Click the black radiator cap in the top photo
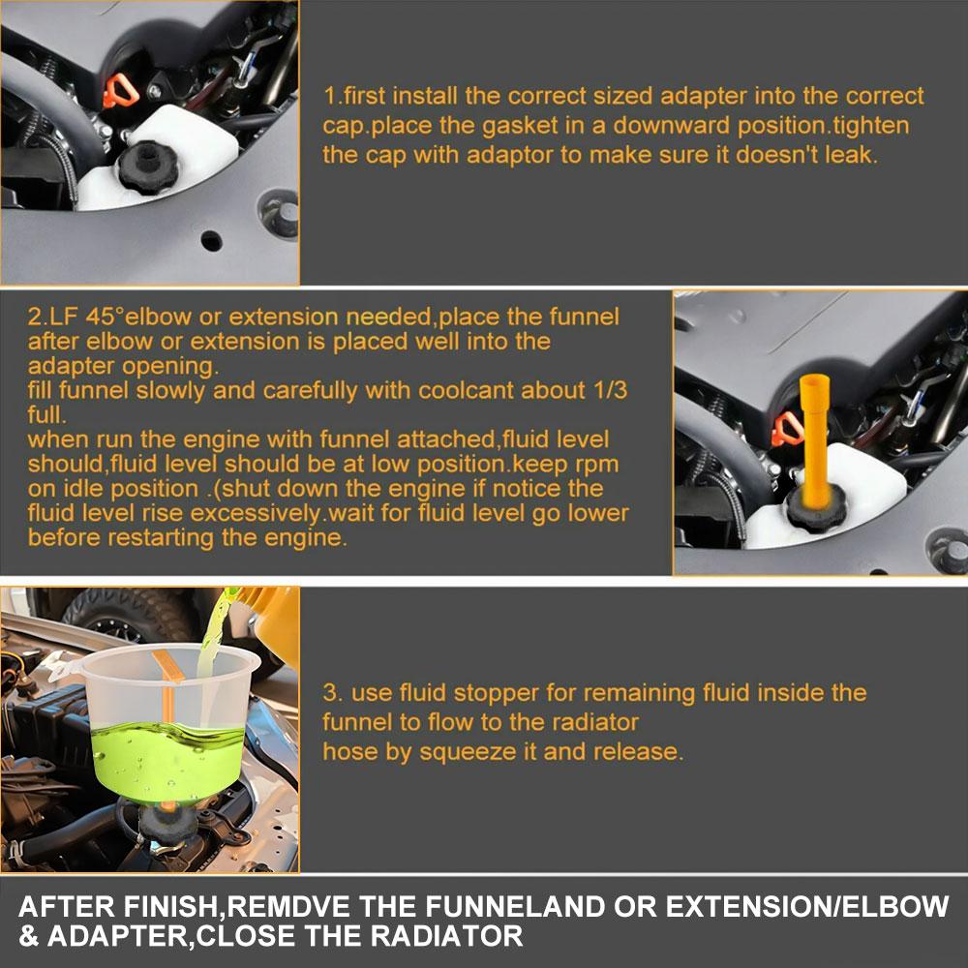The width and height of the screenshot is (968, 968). click(148, 167)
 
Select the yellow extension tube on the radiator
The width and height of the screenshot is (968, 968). click(815, 438)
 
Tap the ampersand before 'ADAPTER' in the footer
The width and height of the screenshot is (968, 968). click(30, 936)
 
